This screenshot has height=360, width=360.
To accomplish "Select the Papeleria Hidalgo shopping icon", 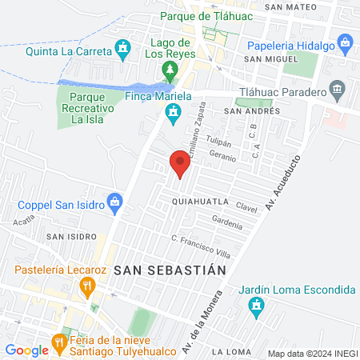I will (x=345, y=42).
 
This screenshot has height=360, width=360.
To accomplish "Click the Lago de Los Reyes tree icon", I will (x=170, y=70).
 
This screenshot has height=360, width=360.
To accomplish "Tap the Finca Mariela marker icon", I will (x=170, y=116).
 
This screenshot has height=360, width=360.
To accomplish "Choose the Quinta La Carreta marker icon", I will (x=122, y=50).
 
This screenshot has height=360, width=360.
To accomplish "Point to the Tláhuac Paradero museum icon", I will (x=337, y=87).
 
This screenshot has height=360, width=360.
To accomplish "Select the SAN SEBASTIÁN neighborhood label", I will (x=170, y=270).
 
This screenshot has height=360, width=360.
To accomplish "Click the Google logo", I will (x=26, y=350).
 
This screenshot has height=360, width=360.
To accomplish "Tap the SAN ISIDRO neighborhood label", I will (x=71, y=237).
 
